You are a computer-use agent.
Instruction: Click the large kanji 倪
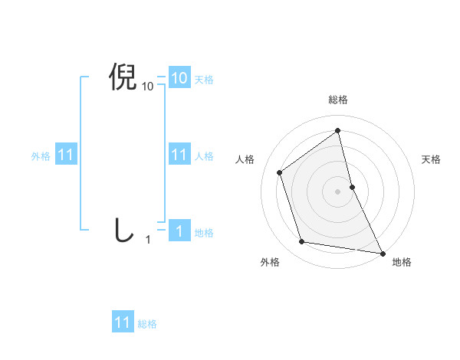tap(123, 78)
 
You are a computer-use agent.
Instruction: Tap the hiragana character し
tap(123, 230)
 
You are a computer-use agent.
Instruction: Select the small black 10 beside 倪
tap(148, 87)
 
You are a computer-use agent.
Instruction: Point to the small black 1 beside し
tap(148, 240)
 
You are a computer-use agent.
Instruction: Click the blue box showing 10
tap(179, 78)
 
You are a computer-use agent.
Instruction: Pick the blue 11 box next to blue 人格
tap(179, 155)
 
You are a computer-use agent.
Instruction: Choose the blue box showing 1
tap(179, 231)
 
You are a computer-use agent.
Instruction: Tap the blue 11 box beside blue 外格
tap(65, 155)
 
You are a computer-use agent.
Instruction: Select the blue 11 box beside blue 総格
tap(123, 322)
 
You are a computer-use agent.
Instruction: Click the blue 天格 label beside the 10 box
tap(204, 79)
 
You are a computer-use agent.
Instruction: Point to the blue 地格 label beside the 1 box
tap(204, 233)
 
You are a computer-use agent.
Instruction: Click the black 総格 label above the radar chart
tap(338, 100)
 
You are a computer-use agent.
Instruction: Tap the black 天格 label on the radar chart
tap(432, 159)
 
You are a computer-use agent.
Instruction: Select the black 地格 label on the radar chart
tap(402, 263)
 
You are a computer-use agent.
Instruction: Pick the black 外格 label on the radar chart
tap(270, 263)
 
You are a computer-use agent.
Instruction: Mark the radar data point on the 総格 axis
tap(338, 130)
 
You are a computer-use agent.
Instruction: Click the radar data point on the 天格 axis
tap(352, 186)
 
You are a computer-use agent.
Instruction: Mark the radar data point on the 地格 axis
tap(382, 252)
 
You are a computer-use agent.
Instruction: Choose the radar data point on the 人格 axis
tap(280, 172)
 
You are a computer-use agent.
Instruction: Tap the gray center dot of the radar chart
tap(338, 191)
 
